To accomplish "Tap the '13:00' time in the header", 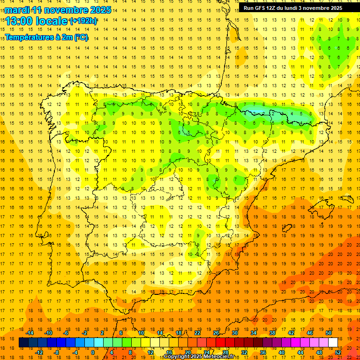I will click(19, 21).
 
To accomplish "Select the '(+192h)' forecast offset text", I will click(83, 21).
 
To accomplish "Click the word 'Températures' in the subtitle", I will click(30, 37).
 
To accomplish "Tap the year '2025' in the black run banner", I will click(335, 8).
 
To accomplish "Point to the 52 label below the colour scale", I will click(337, 352).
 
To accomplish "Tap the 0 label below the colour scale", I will click(92, 352).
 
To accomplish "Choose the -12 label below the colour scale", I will click(39, 352).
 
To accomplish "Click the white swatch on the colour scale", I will click(333, 343).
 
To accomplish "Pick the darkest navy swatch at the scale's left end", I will click(23, 343).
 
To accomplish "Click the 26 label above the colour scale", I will click(216, 333).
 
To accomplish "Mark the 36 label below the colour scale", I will click(262, 352).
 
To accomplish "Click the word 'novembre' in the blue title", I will click(68, 9).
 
